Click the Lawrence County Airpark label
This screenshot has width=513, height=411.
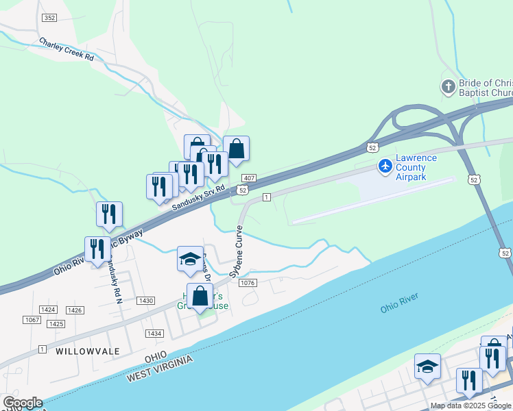tap(420, 167)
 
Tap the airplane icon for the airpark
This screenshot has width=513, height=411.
tap(385, 166)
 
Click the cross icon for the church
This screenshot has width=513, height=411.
tap(448, 87)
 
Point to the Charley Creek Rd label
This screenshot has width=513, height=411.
tap(66, 49)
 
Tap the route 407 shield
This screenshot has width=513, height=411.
tap(249, 178)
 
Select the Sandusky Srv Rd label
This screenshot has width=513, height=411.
tap(198, 197)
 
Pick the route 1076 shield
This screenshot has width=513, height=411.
tap(248, 283)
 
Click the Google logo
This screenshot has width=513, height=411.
tap(23, 403)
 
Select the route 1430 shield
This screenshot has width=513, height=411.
tap(145, 301)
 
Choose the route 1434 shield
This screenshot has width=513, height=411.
tap(154, 334)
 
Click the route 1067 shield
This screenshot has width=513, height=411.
tap(32, 320)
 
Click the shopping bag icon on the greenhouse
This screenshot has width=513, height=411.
tap(200, 297)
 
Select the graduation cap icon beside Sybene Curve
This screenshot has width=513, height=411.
tap(190, 259)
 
